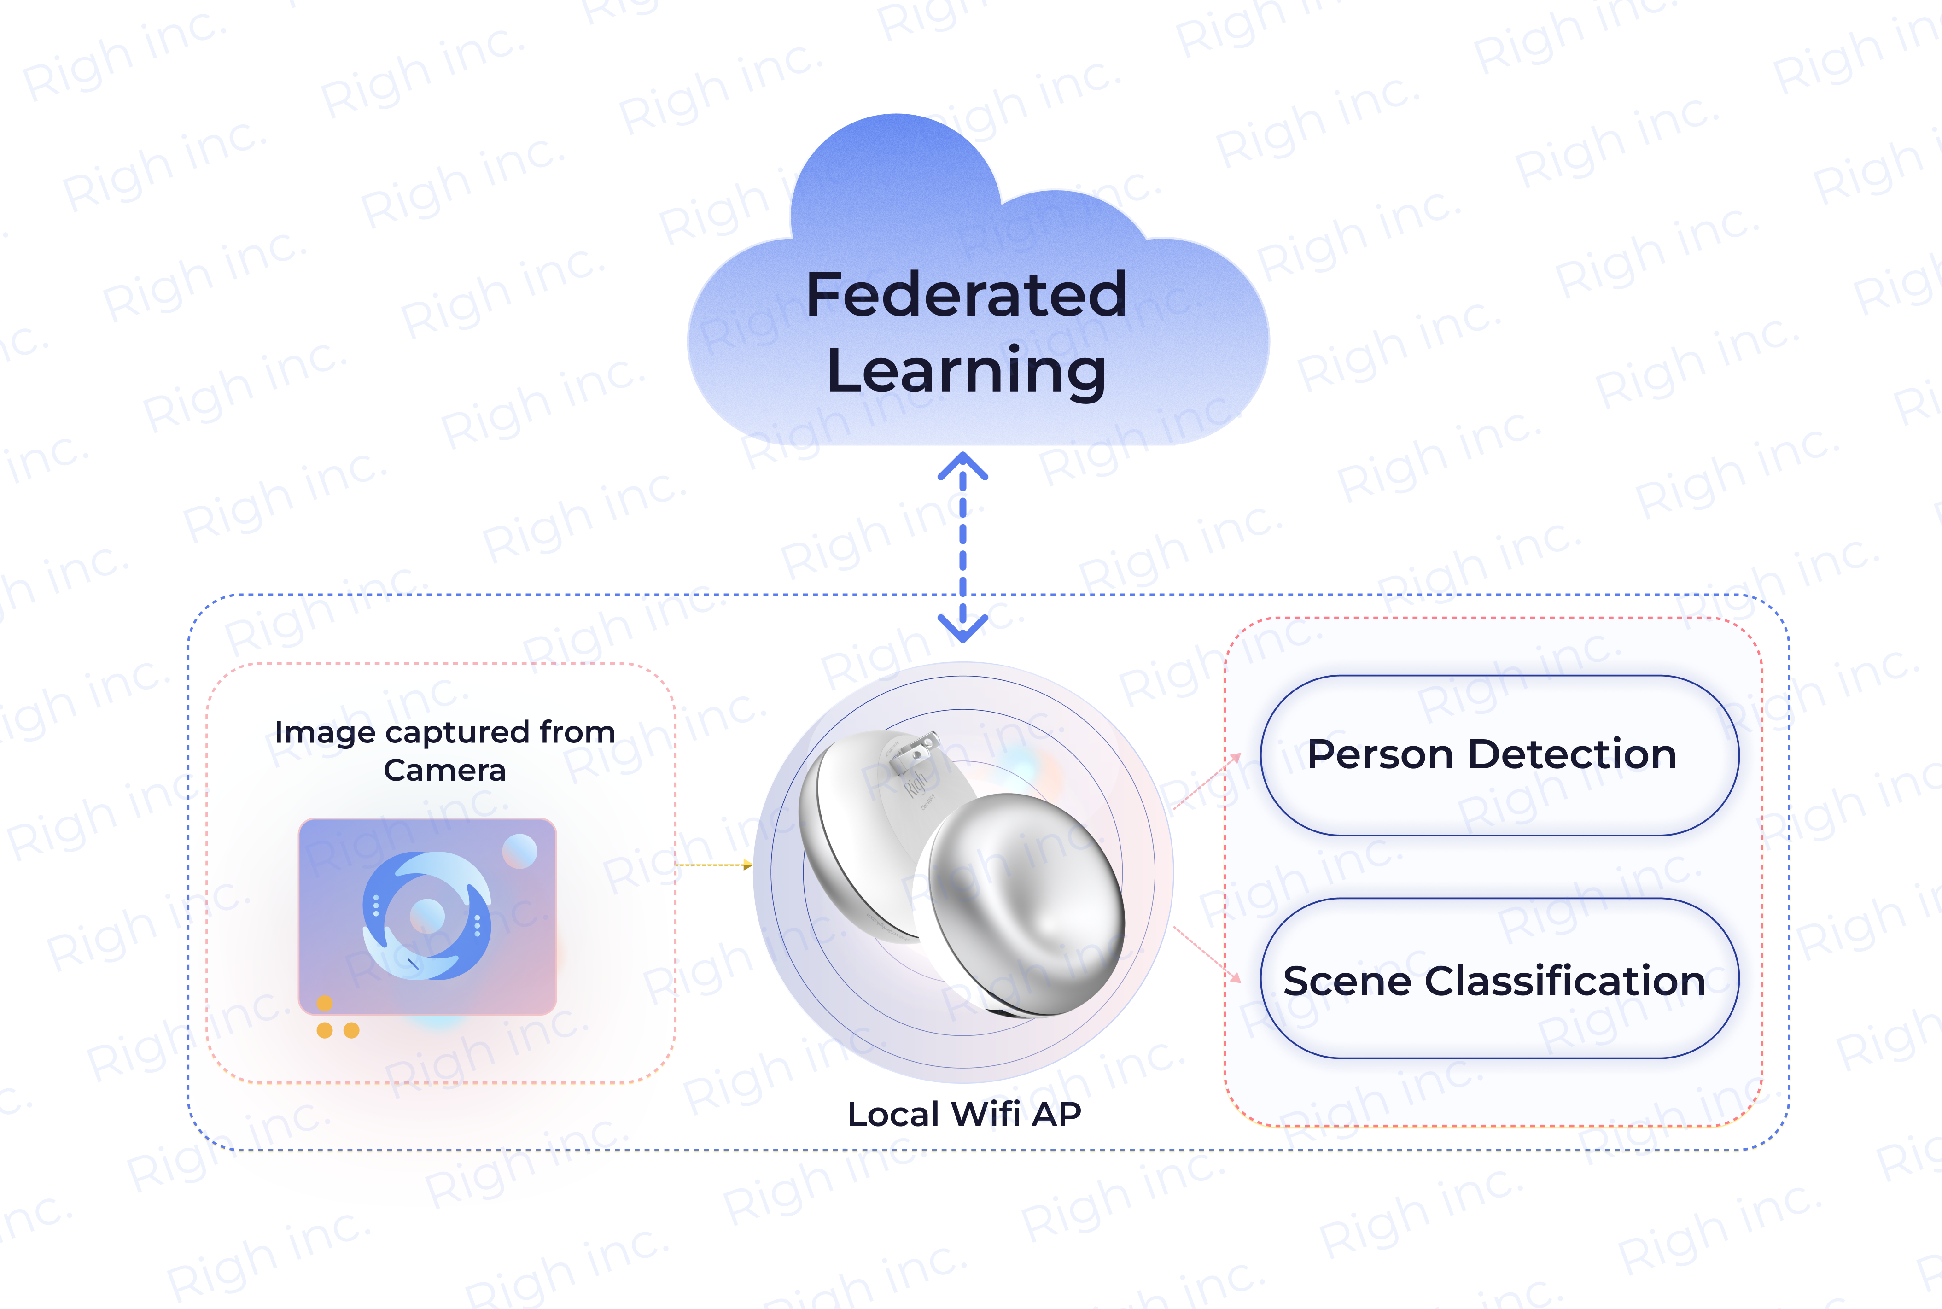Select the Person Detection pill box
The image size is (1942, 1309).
coord(1499,754)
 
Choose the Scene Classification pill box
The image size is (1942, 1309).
coord(1499,978)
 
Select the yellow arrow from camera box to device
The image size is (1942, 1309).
coord(713,865)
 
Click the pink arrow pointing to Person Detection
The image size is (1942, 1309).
coord(1207,781)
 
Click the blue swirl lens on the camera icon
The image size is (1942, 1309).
coord(426,915)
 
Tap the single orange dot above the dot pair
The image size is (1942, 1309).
coord(325,1003)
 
